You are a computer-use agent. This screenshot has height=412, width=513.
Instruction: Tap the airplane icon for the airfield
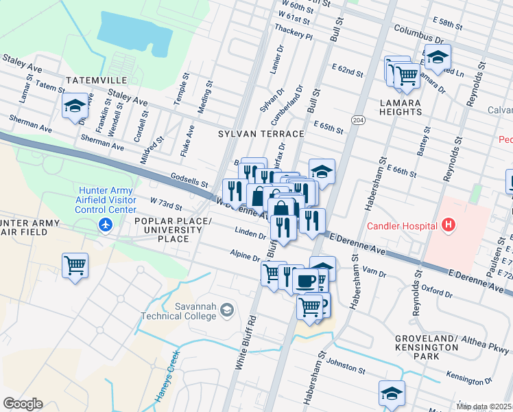(x=105, y=225)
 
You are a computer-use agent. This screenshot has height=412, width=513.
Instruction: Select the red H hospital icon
(x=449, y=225)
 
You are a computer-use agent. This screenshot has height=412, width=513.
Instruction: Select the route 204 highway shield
(x=357, y=120)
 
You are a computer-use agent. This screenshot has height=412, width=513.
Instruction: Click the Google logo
(x=23, y=404)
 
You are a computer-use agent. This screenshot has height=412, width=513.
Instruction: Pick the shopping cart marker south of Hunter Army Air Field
(x=75, y=265)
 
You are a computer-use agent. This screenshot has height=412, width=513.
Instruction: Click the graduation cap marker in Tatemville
(x=75, y=106)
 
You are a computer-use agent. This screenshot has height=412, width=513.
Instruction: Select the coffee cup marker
(x=305, y=280)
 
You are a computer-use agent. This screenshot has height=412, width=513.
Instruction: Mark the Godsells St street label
(x=189, y=182)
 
